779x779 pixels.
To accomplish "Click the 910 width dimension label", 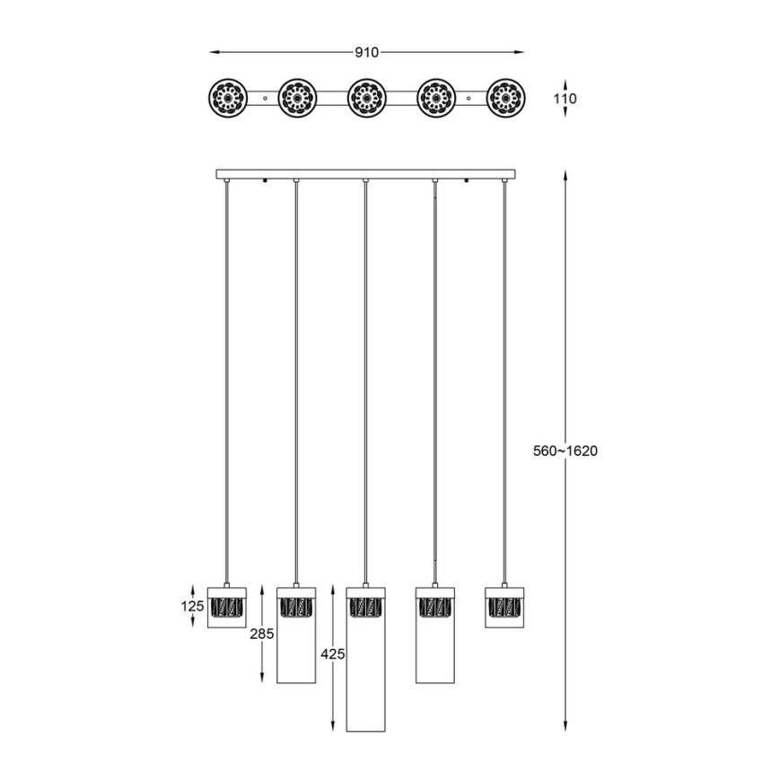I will (365, 52).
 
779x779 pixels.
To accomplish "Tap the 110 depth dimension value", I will (565, 99).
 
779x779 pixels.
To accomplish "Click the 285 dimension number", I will (260, 634).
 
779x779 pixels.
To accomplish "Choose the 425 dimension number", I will (331, 654).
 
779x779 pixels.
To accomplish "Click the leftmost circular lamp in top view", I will (225, 97).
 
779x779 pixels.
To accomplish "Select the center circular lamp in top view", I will (365, 97).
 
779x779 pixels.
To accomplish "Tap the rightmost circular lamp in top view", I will (505, 97).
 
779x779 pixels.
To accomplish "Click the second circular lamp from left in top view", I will (295, 97).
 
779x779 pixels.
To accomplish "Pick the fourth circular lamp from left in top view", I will (435, 97).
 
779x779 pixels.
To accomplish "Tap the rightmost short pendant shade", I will (504, 608).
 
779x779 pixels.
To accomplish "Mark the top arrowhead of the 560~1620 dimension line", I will (565, 174).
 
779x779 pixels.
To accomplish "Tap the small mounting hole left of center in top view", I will (266, 97).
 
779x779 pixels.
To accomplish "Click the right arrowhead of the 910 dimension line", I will (520, 52).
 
